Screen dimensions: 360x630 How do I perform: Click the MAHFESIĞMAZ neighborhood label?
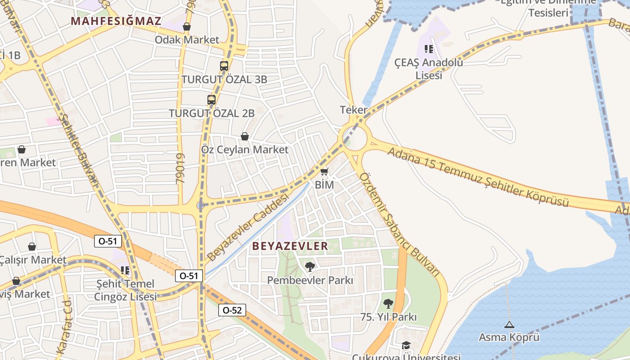[x=116, y=21]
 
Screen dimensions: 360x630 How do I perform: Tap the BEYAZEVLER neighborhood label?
[x=290, y=246]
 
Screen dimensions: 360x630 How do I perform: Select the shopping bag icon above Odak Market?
[x=186, y=27]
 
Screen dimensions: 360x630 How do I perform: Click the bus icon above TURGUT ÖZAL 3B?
[x=224, y=66]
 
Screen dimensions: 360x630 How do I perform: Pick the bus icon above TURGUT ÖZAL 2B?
[x=211, y=99]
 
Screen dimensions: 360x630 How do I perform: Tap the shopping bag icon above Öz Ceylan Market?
[x=245, y=136]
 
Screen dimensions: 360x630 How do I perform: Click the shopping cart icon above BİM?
[x=324, y=171]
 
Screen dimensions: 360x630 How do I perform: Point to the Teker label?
[x=354, y=110]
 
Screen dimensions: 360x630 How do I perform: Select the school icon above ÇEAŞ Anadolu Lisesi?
[x=428, y=49]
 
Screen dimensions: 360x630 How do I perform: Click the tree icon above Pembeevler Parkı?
[x=310, y=267]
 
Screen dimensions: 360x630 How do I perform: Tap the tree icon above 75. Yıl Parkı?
[x=388, y=304]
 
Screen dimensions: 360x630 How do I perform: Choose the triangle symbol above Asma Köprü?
[x=509, y=324]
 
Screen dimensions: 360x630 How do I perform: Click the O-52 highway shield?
[x=232, y=310]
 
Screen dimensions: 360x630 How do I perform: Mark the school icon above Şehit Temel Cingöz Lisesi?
[x=125, y=270]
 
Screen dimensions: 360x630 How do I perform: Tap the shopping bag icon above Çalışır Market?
[x=32, y=247]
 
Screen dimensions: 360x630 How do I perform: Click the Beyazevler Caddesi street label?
[x=247, y=228]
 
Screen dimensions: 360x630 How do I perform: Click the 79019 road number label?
[x=180, y=168]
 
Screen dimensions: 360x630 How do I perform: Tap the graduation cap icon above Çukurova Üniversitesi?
[x=406, y=345]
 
